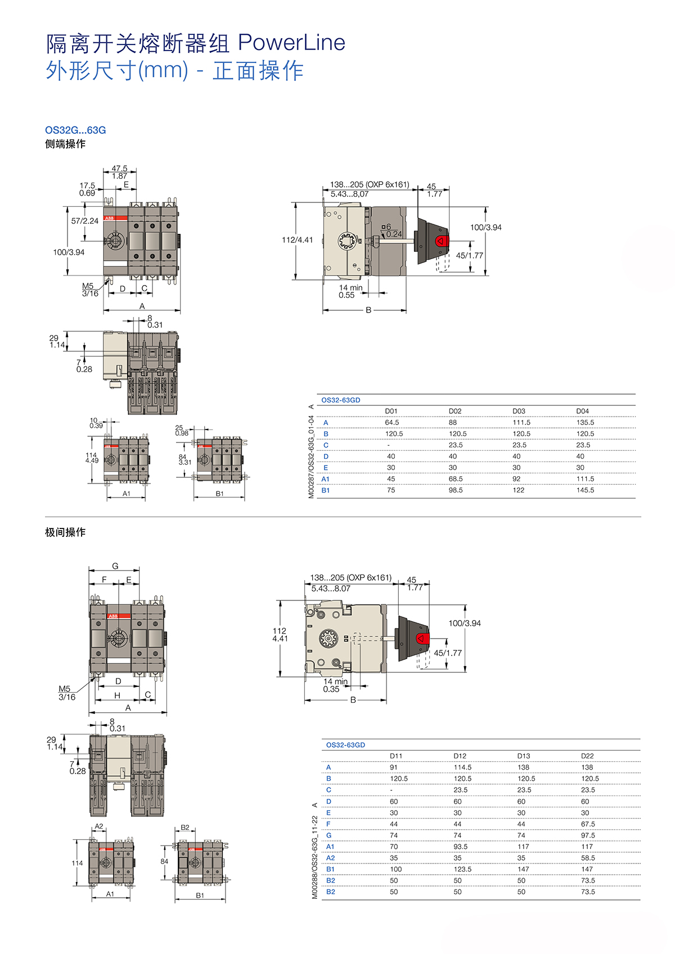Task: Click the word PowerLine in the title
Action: [x=291, y=43]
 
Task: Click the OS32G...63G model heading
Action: [x=75, y=130]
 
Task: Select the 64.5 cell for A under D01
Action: [x=392, y=423]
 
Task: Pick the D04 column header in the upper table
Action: [x=583, y=411]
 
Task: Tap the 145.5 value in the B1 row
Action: [x=585, y=490]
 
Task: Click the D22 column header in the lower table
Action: [x=587, y=756]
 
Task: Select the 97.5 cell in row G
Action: [x=588, y=835]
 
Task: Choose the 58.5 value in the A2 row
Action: [x=588, y=858]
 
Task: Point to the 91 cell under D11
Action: [x=393, y=767]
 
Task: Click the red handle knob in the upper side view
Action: [x=442, y=241]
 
